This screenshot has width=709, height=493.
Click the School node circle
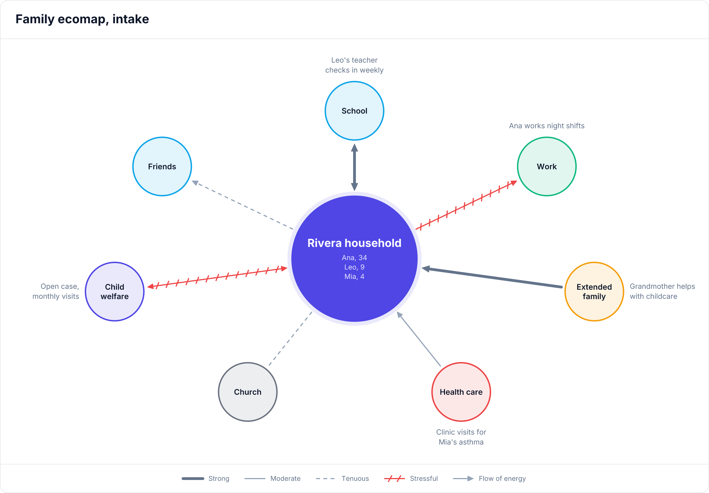tap(354, 111)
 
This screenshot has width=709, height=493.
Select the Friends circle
tap(162, 166)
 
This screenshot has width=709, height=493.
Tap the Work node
tap(547, 166)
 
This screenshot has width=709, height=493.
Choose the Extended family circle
tap(594, 292)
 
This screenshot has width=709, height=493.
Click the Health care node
tap(461, 392)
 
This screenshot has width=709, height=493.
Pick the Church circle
tap(248, 392)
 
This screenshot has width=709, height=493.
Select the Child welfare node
tap(115, 292)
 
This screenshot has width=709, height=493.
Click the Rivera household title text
tap(354, 243)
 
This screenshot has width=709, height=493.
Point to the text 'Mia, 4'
tap(354, 276)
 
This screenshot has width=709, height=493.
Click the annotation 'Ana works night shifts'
tap(547, 126)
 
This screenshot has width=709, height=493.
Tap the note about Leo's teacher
tap(354, 65)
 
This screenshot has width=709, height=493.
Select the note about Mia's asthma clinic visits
tap(461, 437)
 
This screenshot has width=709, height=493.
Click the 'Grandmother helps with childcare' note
tap(662, 291)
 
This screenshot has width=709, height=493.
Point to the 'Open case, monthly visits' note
tap(56, 291)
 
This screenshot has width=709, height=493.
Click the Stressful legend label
tap(424, 479)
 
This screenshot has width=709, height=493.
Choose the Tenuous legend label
tap(355, 479)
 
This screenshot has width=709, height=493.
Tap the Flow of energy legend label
tap(502, 479)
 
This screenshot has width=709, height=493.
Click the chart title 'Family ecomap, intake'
tap(82, 19)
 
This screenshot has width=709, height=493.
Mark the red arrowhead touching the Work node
tap(513, 183)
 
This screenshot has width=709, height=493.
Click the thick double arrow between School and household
tap(354, 167)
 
